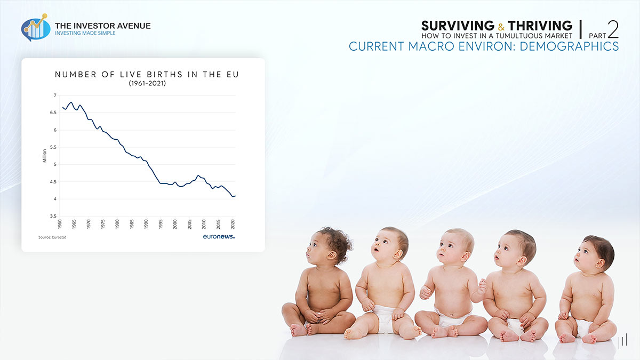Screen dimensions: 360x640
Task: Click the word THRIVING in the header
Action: [540, 26]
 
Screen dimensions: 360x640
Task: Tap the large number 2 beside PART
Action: [613, 29]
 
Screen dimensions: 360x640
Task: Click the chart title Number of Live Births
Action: [147, 75]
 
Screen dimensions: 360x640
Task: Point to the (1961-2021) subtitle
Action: [147, 84]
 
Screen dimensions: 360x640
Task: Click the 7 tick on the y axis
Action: [54, 95]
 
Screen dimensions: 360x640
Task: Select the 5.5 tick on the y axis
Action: [53, 147]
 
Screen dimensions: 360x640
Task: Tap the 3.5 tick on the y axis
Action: [53, 217]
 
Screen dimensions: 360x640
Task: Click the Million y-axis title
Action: [45, 156]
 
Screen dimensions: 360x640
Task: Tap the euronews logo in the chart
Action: [219, 236]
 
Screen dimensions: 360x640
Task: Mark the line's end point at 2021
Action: [235, 196]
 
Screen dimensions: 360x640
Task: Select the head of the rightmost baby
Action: [594, 252]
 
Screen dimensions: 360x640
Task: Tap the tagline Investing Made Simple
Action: [85, 33]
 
